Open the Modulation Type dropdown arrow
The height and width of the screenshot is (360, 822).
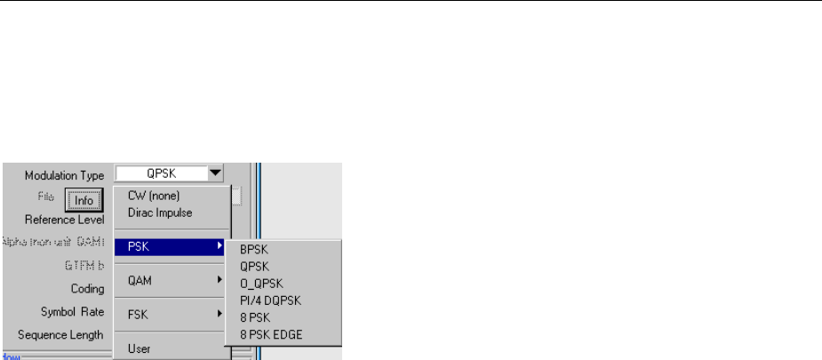(x=214, y=173)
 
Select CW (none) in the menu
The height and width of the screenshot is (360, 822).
(x=154, y=196)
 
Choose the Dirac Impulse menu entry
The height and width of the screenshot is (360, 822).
(x=160, y=212)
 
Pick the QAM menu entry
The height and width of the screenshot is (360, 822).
(x=140, y=280)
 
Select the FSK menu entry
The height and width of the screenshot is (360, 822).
(x=138, y=314)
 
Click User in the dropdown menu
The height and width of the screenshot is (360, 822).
(x=139, y=348)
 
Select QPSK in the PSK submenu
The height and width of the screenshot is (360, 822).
(x=255, y=268)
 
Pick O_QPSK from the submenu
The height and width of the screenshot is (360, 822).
(x=259, y=284)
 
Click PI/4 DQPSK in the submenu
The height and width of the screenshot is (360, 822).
(x=271, y=300)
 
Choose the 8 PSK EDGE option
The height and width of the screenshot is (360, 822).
(x=271, y=334)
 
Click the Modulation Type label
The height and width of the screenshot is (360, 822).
(x=64, y=176)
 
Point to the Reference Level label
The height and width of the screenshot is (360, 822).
(x=65, y=219)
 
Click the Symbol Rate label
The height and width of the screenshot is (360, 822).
(x=72, y=311)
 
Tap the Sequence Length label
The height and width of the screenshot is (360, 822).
(x=61, y=335)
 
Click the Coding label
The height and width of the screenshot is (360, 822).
(x=88, y=288)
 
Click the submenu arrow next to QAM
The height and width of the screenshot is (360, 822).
(x=219, y=280)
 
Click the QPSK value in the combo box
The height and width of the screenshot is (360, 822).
(x=160, y=174)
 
